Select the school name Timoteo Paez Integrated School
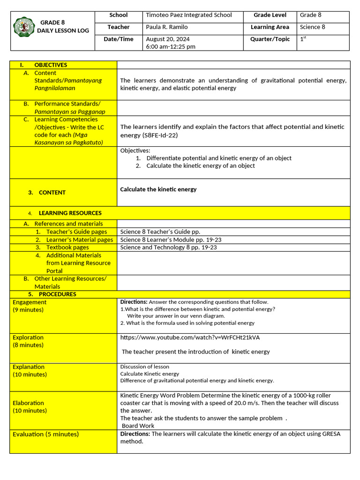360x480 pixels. coord(189,15)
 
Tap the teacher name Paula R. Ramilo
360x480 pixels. coord(166,27)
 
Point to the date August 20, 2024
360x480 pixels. coord(168,39)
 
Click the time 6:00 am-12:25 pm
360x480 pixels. coord(171,47)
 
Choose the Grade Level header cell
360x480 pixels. coord(270,15)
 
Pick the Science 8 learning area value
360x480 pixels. coord(313,27)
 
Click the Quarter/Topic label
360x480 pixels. coord(270,39)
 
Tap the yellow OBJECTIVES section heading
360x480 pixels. coord(51,65)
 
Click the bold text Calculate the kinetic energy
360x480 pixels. coord(158,189)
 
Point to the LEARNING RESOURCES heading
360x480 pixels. coord(70,213)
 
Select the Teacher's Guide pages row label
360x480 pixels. coord(76,232)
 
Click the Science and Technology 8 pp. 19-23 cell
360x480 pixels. coord(168,247)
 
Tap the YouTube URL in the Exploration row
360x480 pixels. coord(190,337)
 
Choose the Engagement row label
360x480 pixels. coord(30,302)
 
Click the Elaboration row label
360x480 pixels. coord(28,403)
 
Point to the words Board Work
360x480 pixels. coord(138,426)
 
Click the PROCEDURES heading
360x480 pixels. coord(57,294)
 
